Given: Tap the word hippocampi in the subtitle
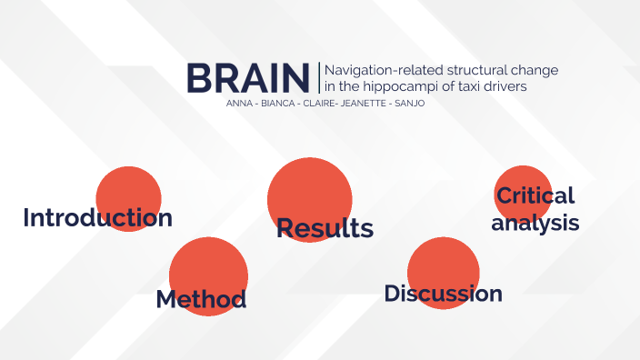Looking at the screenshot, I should pos(405,87).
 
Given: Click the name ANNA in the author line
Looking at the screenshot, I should pos(238,103).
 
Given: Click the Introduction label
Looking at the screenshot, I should pos(97,218).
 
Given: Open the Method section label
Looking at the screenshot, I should pos(201,299).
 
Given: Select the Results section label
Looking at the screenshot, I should pos(325,228).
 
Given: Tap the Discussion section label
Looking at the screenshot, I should pos(443,294).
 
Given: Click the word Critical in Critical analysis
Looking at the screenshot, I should pos(535,195).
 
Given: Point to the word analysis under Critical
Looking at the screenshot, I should pos(535,222).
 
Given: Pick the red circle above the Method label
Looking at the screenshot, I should pos(208,264).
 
